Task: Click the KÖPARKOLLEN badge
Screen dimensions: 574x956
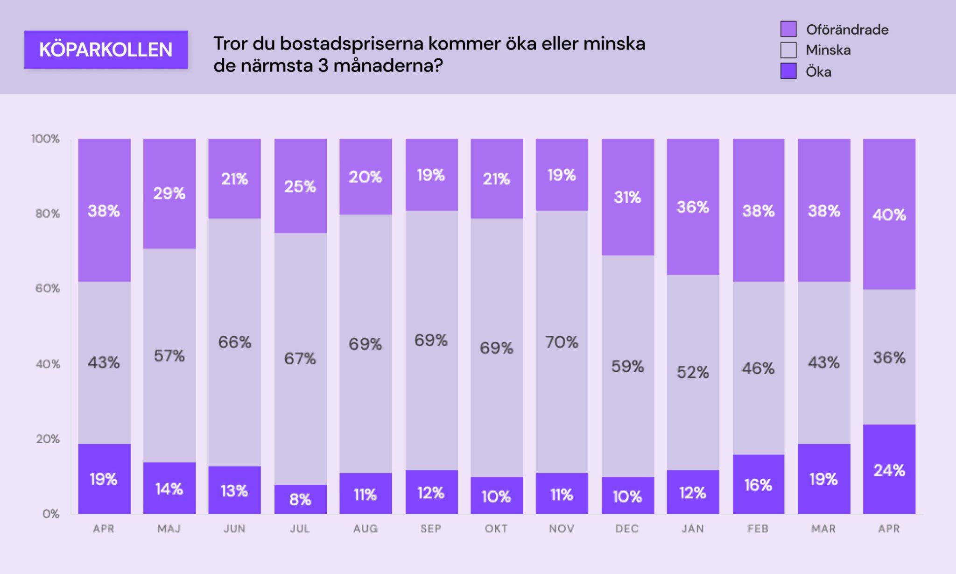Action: click(x=106, y=50)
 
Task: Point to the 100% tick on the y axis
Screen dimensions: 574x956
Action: click(x=45, y=139)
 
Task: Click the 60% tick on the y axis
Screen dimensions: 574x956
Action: click(x=48, y=288)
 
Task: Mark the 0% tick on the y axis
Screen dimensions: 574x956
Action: click(x=50, y=514)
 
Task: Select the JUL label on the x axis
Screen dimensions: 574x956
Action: click(x=300, y=529)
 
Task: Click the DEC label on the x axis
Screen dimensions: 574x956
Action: click(x=627, y=529)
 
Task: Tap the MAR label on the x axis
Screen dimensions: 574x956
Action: click(x=823, y=529)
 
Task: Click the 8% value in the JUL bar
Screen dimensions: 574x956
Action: click(x=300, y=500)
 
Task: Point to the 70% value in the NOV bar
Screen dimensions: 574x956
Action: click(x=562, y=342)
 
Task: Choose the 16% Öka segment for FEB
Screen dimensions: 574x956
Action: click(x=758, y=485)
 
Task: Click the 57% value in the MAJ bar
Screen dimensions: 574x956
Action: click(x=169, y=356)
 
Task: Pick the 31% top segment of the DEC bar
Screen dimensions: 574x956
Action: click(x=627, y=197)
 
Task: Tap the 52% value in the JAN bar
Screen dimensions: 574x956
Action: click(x=693, y=372)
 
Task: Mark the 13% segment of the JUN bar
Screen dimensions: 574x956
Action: click(x=234, y=490)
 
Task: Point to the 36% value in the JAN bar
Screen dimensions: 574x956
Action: click(x=693, y=207)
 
